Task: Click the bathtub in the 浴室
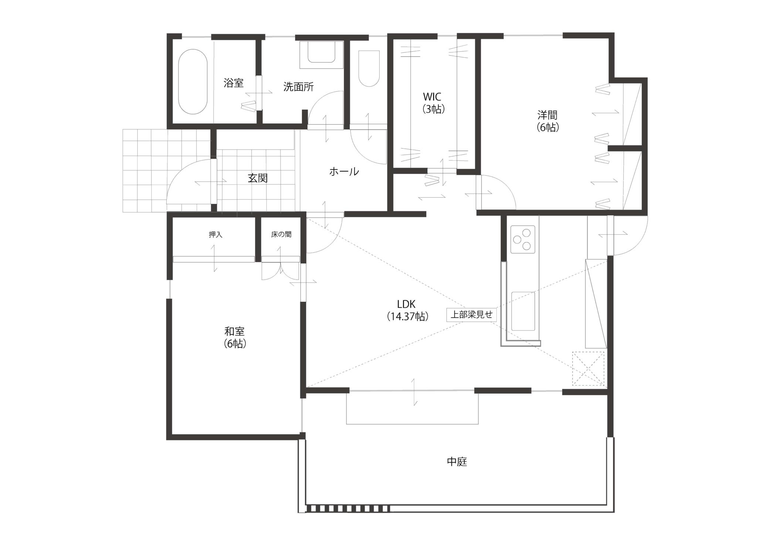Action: tap(193, 82)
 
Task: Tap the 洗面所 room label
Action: tap(298, 87)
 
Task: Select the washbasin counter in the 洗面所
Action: tap(322, 55)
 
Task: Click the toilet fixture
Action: tap(369, 68)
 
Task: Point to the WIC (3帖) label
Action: tap(432, 103)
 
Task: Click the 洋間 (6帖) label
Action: tap(547, 121)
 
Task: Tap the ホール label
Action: tap(344, 171)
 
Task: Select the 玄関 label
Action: tap(258, 178)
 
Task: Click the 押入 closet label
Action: tap(215, 235)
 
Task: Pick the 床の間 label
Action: tap(281, 235)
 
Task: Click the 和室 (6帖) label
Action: tap(235, 337)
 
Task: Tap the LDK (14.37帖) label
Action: tap(407, 310)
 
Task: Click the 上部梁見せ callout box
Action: tap(471, 315)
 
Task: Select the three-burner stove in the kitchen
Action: tap(523, 239)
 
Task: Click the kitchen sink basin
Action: tap(523, 311)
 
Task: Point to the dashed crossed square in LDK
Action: tap(588, 369)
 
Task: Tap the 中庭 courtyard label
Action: tap(457, 461)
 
